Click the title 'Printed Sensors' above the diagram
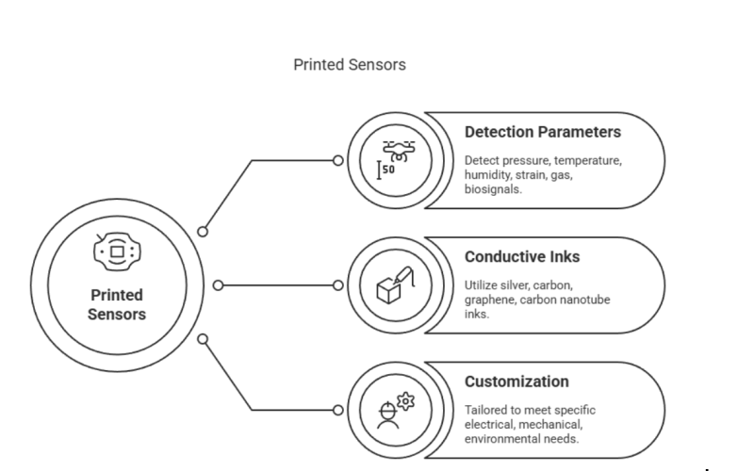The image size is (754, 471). pyautogui.click(x=350, y=65)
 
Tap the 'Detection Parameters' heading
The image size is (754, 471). pyautogui.click(x=542, y=132)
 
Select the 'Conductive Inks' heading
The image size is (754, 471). pyautogui.click(x=521, y=256)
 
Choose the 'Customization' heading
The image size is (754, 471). pyautogui.click(x=516, y=382)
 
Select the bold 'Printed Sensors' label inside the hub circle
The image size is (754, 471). pyautogui.click(x=117, y=304)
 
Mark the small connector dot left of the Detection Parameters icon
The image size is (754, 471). pyautogui.click(x=338, y=160)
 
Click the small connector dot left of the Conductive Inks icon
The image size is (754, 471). pyautogui.click(x=338, y=285)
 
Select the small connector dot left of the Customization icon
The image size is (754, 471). pyautogui.click(x=338, y=411)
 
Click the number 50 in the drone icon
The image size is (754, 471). pyautogui.click(x=389, y=169)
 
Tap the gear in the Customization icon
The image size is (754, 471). pyautogui.click(x=406, y=401)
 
